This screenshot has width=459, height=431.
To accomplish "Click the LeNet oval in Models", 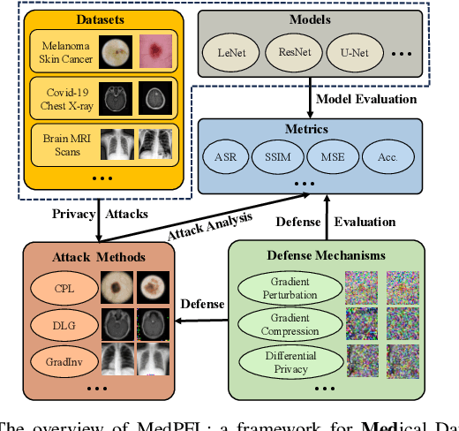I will [x=236, y=51].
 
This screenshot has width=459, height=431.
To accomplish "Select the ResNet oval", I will [x=293, y=51].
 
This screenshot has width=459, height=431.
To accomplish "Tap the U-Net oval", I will [x=350, y=51].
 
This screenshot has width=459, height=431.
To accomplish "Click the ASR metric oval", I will [x=223, y=156].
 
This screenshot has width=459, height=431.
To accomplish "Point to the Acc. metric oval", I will [x=386, y=156].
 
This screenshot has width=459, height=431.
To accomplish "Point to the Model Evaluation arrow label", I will [x=366, y=97].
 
